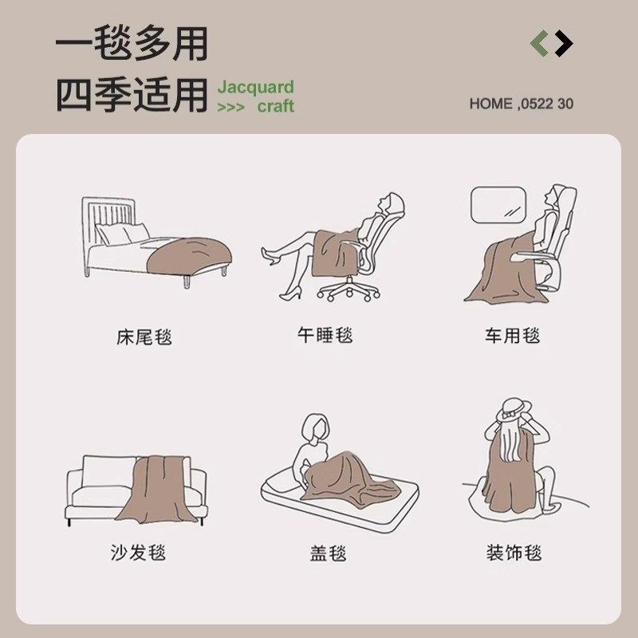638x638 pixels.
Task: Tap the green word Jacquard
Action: pos(255,87)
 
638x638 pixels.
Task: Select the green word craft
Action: pos(275,106)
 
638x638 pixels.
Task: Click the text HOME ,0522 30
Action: pos(521,104)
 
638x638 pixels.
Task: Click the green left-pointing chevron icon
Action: pos(540,43)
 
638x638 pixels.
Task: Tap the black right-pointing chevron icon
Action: pos(564,43)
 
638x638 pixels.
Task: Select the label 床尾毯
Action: pos(144,337)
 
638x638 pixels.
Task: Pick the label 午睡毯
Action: pos(325,336)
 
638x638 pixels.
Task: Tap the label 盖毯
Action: pos(328,553)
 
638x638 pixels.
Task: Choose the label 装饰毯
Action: pos(514,552)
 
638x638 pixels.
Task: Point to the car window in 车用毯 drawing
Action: pos(498,205)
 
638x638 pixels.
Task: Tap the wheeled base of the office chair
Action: pos(349,292)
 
